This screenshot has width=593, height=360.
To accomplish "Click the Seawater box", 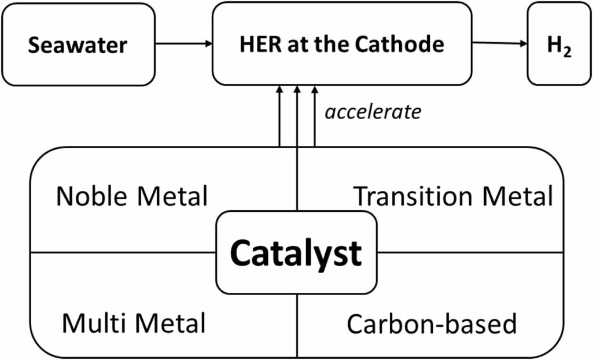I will pyautogui.click(x=78, y=45).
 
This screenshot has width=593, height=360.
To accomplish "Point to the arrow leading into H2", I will pyautogui.click(x=499, y=43).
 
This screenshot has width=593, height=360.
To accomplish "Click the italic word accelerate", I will pyautogui.click(x=373, y=112).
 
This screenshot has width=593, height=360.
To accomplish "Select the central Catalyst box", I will pyautogui.click(x=296, y=253).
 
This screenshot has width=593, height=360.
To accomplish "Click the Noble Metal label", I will pyautogui.click(x=132, y=197).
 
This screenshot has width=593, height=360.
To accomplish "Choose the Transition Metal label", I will pyautogui.click(x=453, y=197).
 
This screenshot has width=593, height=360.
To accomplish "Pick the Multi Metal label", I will pyautogui.click(x=134, y=323).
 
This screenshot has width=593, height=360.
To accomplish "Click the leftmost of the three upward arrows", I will pyautogui.click(x=279, y=116).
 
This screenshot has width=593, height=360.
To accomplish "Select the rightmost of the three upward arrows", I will pyautogui.click(x=315, y=116).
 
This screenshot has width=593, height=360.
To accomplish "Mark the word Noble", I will pyautogui.click(x=93, y=197).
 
